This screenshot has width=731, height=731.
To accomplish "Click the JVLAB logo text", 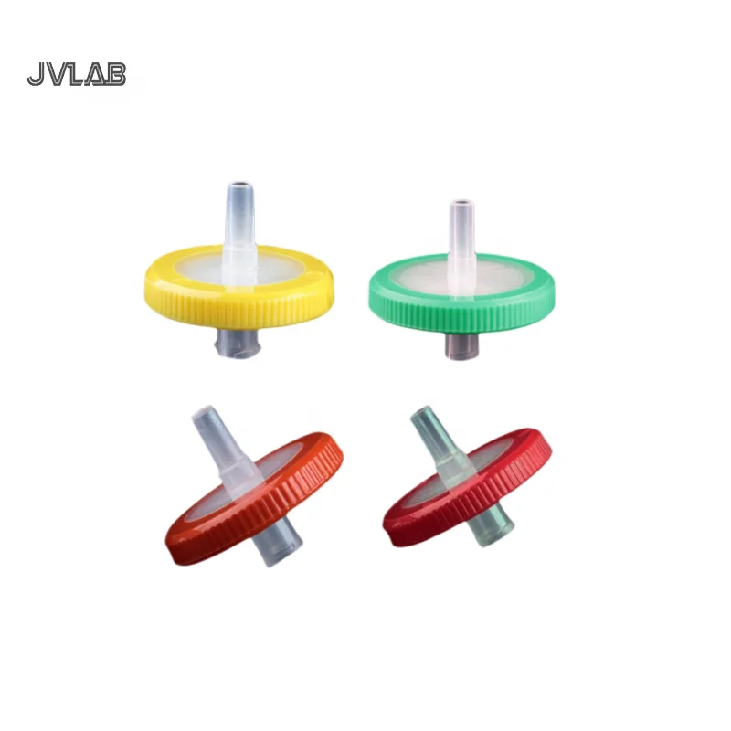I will pyautogui.click(x=77, y=74).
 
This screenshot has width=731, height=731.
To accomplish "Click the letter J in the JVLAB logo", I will pyautogui.click(x=36, y=75).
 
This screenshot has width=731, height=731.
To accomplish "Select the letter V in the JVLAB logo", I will pyautogui.click(x=56, y=75).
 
